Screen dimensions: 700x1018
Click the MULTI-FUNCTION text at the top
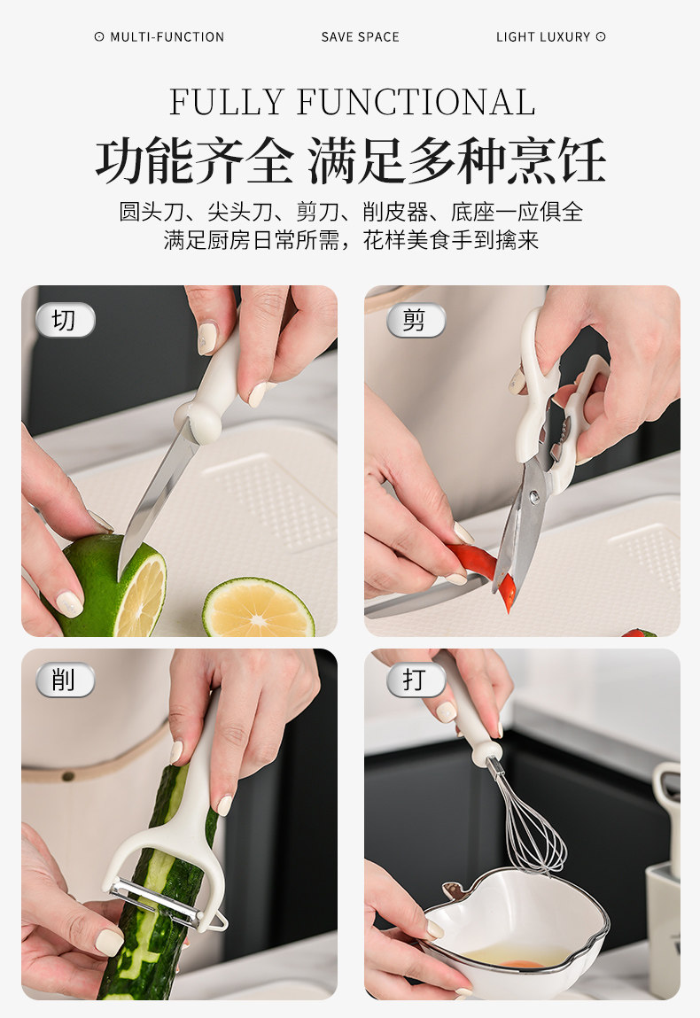point(167,37)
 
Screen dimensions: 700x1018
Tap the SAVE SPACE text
point(361,37)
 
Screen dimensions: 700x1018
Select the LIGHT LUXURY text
point(543,37)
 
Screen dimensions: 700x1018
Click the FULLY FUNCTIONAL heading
point(353,102)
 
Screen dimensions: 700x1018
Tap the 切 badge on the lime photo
point(66,320)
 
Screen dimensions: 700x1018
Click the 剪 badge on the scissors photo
point(416,320)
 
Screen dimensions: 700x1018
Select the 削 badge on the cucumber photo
point(65,680)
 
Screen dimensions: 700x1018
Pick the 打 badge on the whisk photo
point(416,680)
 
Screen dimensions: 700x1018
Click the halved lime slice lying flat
point(259,609)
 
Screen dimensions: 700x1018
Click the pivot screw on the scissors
point(534,498)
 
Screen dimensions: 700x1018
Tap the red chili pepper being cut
point(483,571)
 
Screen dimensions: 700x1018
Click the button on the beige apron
point(66,775)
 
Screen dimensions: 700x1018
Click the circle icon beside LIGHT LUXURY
point(601,36)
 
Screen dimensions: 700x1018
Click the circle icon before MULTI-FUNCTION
point(99,36)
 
